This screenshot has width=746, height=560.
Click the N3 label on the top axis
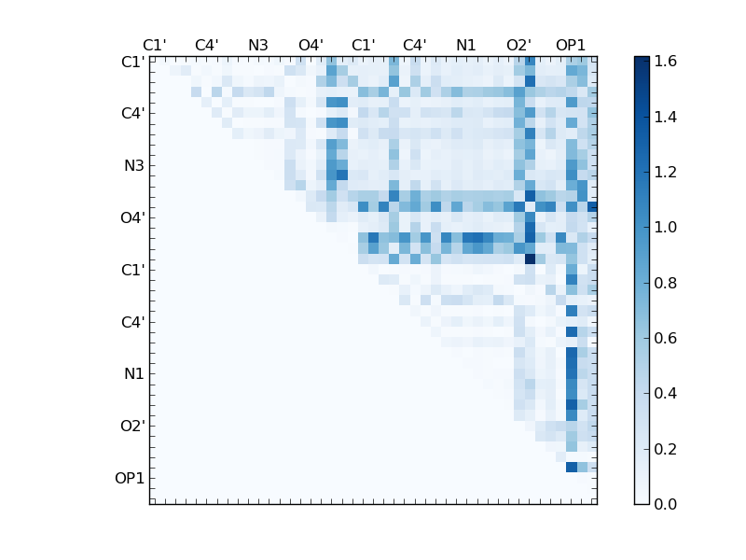258,45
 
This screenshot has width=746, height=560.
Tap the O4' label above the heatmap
311,45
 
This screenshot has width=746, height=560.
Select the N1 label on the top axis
466,45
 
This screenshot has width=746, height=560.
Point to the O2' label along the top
518,45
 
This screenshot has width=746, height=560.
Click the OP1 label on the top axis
571,45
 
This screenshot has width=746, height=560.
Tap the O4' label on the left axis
131,218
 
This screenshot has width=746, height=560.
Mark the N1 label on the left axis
133,374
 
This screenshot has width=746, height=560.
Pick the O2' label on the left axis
131,427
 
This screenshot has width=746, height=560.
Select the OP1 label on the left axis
130,479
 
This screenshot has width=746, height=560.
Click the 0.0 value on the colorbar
666,504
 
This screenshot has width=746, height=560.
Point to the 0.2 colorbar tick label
666,449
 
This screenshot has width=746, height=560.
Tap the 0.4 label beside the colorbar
666,394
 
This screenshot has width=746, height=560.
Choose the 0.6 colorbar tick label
666,338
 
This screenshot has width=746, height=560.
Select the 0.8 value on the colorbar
666,283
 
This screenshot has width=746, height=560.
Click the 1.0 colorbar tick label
666,227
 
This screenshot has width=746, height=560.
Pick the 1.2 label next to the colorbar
666,172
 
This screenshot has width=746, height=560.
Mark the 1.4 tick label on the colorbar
666,117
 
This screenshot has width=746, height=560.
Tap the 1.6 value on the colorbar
666,62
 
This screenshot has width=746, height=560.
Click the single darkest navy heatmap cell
530,259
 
